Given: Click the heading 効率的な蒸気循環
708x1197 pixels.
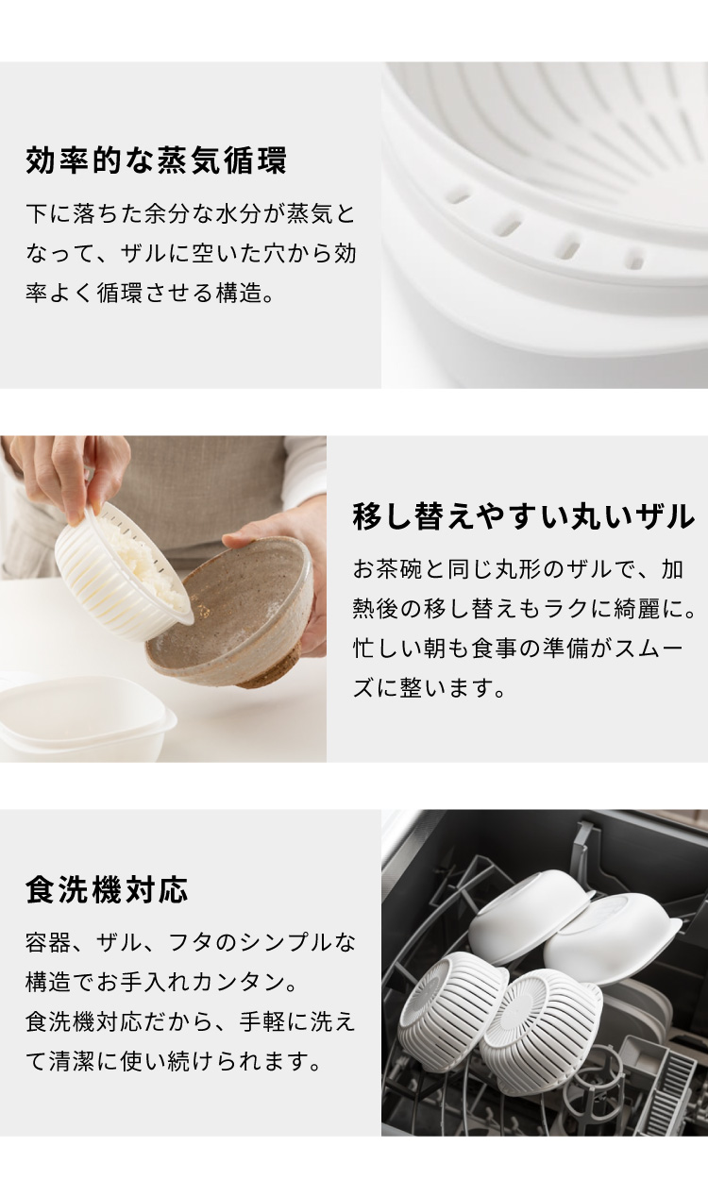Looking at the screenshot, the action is [x=156, y=160].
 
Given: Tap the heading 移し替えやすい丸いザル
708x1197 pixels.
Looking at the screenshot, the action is [x=524, y=516].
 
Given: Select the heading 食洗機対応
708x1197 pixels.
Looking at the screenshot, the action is [x=107, y=889].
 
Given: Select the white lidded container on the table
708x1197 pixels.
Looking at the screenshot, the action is [x=86, y=717].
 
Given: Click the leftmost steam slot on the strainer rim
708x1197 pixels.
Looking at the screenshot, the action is [x=460, y=196].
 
